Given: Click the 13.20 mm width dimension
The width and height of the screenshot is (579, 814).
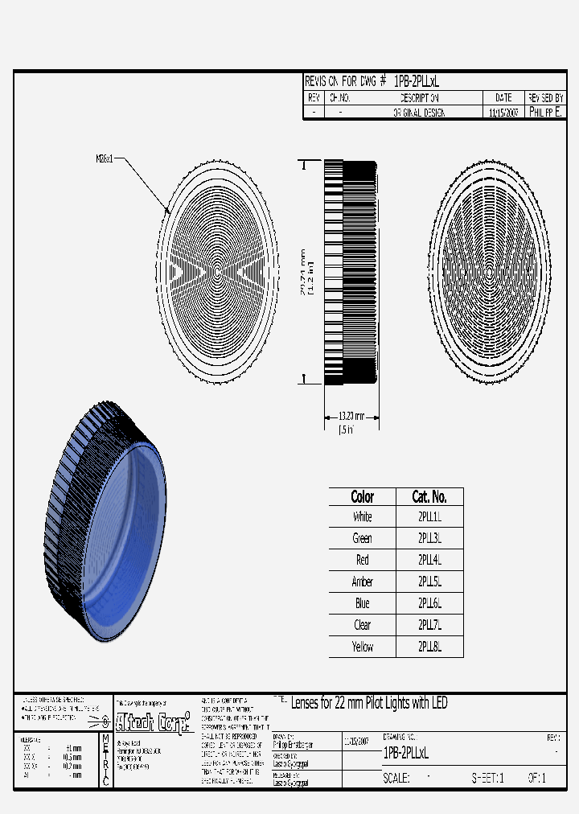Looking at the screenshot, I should [351, 416].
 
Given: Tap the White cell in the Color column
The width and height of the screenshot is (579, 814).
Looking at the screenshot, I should [363, 516].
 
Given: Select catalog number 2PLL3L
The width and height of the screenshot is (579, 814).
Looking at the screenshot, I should [429, 538].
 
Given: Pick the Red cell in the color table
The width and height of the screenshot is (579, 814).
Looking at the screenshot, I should [363, 560].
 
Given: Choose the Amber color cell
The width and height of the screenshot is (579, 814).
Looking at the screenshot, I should [363, 582].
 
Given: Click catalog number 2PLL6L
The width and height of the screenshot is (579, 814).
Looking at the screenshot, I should [429, 603].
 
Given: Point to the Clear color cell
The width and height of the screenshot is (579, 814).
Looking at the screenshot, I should [363, 625].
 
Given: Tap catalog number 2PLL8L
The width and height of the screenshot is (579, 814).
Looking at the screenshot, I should [429, 647].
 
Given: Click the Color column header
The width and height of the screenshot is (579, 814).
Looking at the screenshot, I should [363, 496].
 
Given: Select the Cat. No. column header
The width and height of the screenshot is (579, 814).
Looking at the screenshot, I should [429, 496].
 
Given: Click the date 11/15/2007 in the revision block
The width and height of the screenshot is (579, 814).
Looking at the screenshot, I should [503, 113].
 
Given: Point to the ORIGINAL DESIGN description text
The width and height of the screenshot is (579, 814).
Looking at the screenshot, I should [418, 113].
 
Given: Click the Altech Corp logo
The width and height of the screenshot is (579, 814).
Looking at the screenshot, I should [154, 721].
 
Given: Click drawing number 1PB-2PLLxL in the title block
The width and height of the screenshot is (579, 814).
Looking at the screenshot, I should [406, 753].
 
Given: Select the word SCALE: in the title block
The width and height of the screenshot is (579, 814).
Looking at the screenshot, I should [396, 779].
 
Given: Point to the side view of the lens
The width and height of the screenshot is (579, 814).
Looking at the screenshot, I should [351, 272].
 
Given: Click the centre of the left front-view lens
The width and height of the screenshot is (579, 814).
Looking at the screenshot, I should [218, 272].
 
